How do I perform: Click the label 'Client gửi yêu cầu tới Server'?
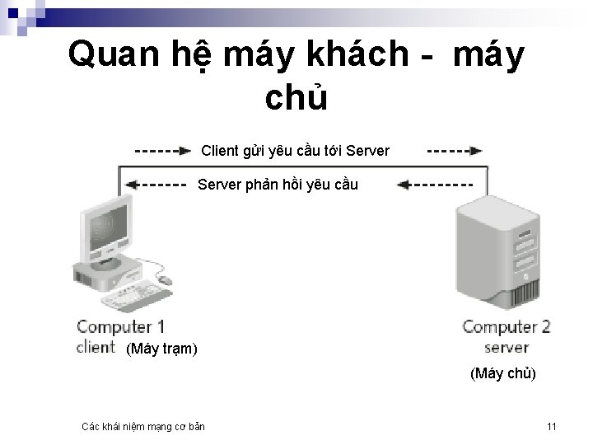[x=295, y=151]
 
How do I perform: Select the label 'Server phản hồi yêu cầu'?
[x=278, y=184]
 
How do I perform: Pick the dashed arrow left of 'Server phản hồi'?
[x=156, y=185]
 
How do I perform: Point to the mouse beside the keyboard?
[x=164, y=280]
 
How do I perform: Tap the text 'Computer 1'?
[x=120, y=327]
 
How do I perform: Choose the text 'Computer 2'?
[x=506, y=327]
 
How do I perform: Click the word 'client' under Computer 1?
[x=96, y=347]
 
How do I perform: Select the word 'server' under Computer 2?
[x=506, y=347]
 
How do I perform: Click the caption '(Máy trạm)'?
[x=161, y=349]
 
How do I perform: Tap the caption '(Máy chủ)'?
[x=502, y=374]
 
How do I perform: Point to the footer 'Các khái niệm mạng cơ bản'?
[x=143, y=426]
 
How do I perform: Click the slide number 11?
[x=551, y=426]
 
